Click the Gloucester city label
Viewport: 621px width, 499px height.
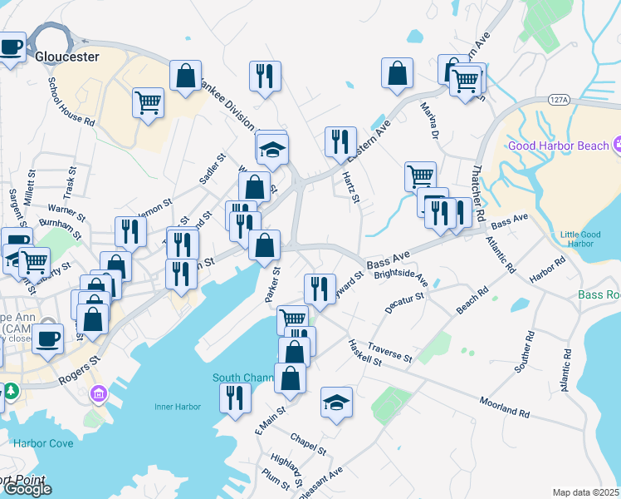[x=67, y=57]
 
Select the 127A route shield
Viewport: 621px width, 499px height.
[x=558, y=100]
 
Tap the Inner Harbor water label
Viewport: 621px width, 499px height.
[x=178, y=407]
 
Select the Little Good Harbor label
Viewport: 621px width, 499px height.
[x=579, y=240]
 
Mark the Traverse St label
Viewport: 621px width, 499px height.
[x=389, y=352]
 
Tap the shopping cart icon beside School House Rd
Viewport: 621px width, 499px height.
[x=149, y=103]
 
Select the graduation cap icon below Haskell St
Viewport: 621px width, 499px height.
[x=336, y=403]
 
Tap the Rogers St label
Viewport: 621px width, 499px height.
[x=79, y=371]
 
